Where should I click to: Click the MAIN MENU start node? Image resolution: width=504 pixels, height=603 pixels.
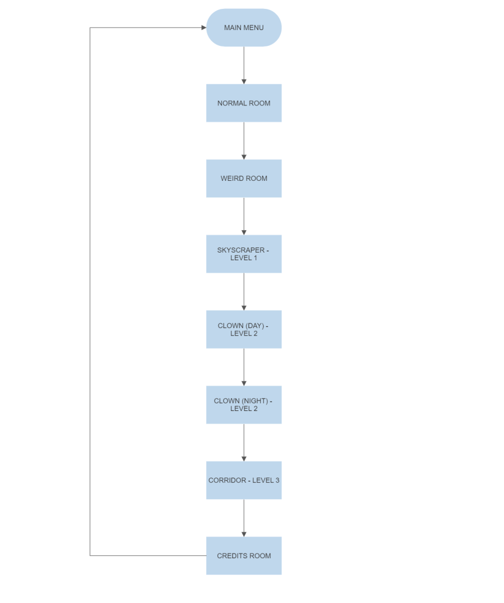[x=244, y=28]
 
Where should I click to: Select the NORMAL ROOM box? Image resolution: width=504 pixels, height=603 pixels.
[x=244, y=103]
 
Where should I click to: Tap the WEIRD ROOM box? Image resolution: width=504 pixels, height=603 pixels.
[x=244, y=178]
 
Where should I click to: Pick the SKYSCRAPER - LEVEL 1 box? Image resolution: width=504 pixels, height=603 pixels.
[x=244, y=254]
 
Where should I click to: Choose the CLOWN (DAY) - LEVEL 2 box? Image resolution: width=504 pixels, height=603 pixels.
[x=244, y=329]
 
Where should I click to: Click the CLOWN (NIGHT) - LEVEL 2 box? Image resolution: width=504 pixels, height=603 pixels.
[x=244, y=405]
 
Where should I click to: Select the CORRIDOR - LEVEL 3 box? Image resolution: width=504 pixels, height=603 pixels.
[x=244, y=480]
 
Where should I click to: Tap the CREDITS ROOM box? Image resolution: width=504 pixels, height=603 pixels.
[x=244, y=555]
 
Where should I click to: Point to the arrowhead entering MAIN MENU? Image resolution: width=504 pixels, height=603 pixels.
[x=204, y=28]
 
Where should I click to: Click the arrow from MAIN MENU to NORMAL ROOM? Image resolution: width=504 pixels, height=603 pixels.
[x=244, y=65]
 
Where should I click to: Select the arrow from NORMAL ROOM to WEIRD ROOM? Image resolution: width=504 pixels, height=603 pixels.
[x=244, y=141]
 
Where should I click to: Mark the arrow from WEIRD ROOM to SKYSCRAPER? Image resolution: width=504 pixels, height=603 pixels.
[x=244, y=216]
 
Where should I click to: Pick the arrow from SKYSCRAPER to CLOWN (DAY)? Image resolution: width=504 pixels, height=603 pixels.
[x=244, y=291]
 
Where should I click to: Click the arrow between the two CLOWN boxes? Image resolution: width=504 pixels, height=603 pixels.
[x=244, y=367]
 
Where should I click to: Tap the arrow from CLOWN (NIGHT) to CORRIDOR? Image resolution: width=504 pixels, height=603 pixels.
[x=244, y=442]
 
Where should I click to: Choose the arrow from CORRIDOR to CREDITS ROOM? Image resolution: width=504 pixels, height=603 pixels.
[x=244, y=518]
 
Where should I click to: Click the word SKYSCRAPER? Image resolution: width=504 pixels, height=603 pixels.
[x=241, y=250]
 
